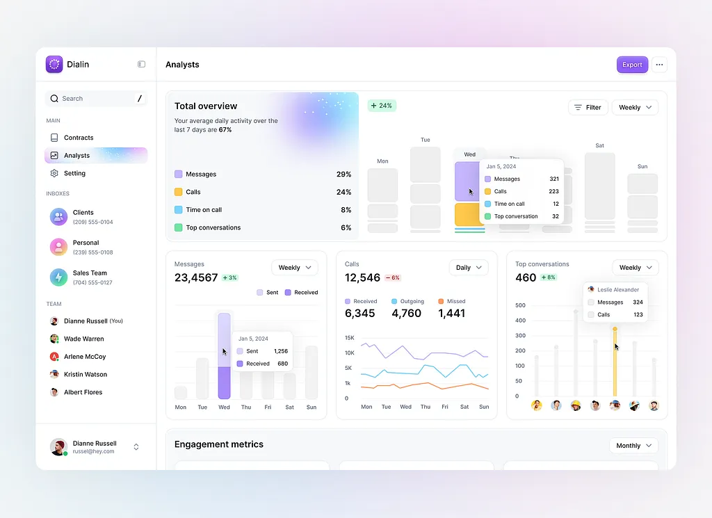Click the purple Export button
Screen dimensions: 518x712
tap(632, 65)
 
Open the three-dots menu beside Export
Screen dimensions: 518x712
tap(660, 65)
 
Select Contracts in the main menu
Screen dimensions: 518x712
tap(78, 138)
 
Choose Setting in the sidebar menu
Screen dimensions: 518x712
tap(74, 173)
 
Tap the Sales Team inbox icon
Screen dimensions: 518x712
tap(58, 277)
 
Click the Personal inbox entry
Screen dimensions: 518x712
tap(86, 247)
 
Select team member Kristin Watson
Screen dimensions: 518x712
tap(85, 374)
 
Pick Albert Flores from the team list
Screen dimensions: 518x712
tap(83, 392)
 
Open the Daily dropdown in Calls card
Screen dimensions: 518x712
tap(469, 268)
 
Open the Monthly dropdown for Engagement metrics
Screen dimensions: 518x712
tap(633, 446)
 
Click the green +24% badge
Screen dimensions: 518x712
tap(382, 106)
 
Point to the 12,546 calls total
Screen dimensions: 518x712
tap(362, 277)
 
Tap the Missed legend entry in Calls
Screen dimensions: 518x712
tap(452, 301)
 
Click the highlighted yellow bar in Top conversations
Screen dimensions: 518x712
tap(615, 362)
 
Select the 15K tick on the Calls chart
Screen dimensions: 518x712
tap(349, 337)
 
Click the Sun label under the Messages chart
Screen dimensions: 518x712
tap(311, 407)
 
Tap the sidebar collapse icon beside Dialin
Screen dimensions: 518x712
tap(141, 65)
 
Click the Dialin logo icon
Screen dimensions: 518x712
tap(54, 65)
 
